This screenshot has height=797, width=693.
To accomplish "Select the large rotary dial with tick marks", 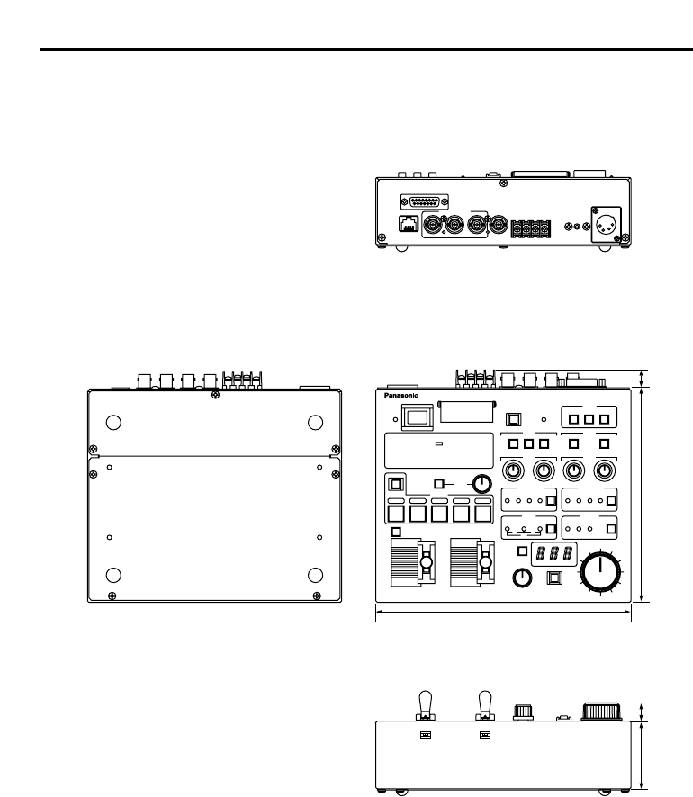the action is click(600, 570).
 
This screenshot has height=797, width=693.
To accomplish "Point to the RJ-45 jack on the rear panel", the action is click(409, 225).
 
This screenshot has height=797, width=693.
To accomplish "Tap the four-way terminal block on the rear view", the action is click(529, 228).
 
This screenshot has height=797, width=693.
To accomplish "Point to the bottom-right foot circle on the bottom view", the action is click(315, 576).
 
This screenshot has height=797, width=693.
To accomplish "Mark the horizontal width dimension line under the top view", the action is click(503, 611).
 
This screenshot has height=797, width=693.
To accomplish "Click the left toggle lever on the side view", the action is click(424, 703).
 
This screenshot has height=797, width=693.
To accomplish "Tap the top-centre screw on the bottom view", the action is click(213, 395).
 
